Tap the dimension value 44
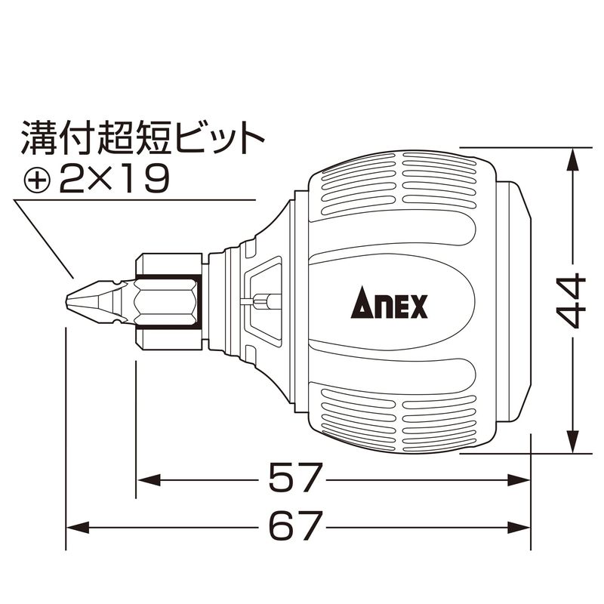tap(572, 300)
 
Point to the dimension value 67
tap(294, 525)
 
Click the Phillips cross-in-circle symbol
tap(37, 180)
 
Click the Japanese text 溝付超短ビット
tap(142, 137)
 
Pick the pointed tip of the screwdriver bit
tap(66, 300)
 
